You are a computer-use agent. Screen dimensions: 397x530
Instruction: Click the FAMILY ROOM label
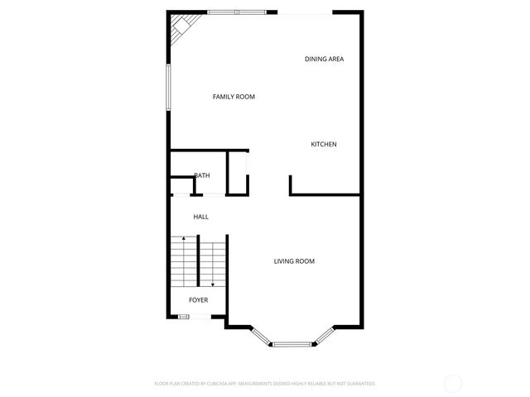coord(234,97)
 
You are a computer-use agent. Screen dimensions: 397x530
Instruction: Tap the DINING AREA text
coord(324,59)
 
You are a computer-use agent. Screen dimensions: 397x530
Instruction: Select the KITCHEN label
coord(323,145)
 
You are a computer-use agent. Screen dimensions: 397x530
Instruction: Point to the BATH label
coord(202,175)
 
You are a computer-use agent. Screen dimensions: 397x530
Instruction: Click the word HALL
coord(200,217)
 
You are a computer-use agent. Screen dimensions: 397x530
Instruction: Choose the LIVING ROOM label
coord(294,261)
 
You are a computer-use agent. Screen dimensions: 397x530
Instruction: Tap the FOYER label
coord(198,299)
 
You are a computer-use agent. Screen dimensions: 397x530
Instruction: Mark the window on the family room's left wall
coord(168,88)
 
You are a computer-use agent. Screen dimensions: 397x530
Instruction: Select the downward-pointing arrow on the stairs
coord(212,282)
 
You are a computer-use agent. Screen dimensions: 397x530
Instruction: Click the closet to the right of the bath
coord(238,174)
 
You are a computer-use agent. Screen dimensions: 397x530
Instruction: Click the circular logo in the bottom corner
coord(453,383)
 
